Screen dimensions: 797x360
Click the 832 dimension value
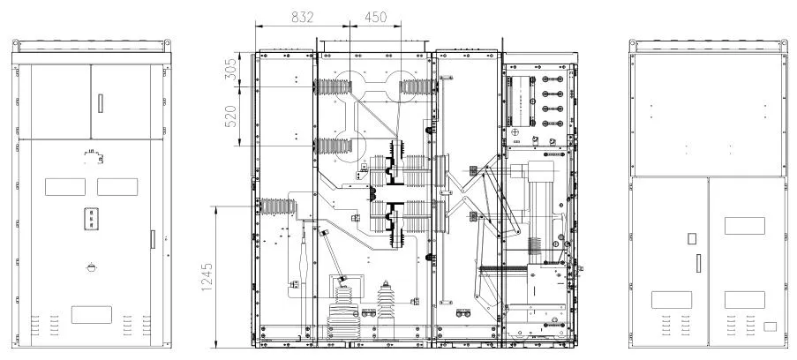coord(303,17)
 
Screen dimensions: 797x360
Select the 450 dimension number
coord(376,17)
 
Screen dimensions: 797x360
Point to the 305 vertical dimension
coord(231,69)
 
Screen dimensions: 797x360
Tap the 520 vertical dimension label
coord(231,116)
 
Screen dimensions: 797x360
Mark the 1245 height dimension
coord(207,276)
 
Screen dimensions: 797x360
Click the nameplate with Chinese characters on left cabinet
coord(92,219)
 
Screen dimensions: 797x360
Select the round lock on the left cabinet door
coord(92,267)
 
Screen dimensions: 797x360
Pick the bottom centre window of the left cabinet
coord(92,315)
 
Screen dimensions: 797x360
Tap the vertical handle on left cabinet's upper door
coord(100,103)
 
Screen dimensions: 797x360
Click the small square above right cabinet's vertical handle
coord(691,238)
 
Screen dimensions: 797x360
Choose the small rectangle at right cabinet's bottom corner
coord(770,326)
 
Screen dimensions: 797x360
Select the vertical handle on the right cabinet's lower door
coord(699,263)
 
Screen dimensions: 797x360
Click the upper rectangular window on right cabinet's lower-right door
coord(745,226)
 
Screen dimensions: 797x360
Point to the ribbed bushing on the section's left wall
coord(277,206)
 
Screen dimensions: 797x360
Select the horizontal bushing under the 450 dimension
coord(417,86)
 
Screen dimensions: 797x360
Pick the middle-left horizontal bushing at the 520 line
coord(334,146)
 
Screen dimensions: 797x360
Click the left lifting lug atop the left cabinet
coord(16,45)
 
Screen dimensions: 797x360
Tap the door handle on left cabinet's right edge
coord(153,239)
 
